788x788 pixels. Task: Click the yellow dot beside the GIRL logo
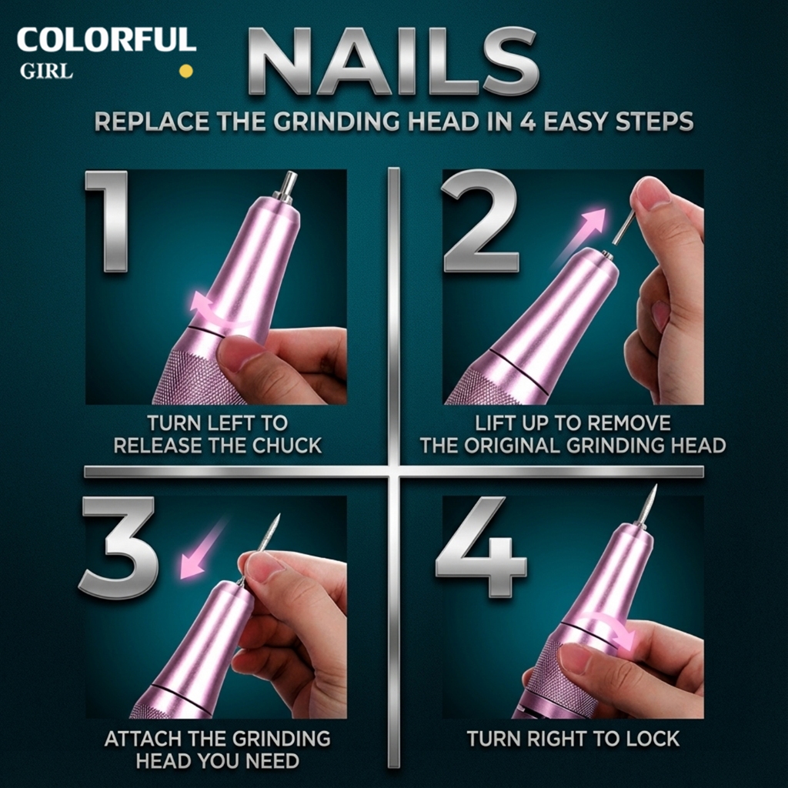point(186,71)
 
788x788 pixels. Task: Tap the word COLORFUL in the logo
point(106,40)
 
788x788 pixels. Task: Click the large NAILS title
point(393,62)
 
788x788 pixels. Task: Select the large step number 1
point(108,221)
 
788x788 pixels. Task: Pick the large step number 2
point(481,221)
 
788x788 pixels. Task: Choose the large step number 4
point(481,547)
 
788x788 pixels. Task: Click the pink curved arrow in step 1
point(221,310)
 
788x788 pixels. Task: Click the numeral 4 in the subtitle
point(528,122)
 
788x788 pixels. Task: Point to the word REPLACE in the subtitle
point(152,122)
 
